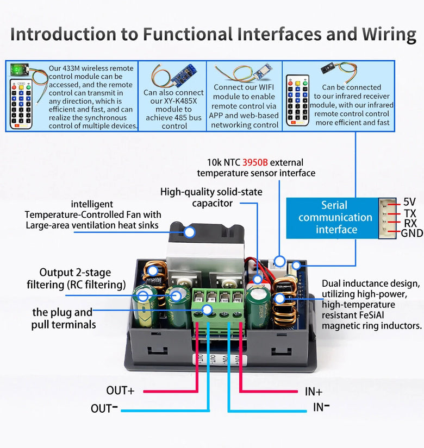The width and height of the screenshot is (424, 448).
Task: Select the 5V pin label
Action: click(409, 202)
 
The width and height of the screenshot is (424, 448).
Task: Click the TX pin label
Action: click(409, 213)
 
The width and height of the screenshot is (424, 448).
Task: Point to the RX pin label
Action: click(410, 223)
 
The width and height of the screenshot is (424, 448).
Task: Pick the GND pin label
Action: click(411, 234)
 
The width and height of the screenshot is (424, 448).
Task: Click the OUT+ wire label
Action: click(120, 390)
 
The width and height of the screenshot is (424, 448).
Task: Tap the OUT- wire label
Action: click(104, 408)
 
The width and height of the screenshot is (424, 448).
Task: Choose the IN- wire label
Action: click(321, 407)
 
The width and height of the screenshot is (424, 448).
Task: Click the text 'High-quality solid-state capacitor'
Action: click(211, 197)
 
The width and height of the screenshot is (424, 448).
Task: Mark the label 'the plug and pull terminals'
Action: click(62, 319)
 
